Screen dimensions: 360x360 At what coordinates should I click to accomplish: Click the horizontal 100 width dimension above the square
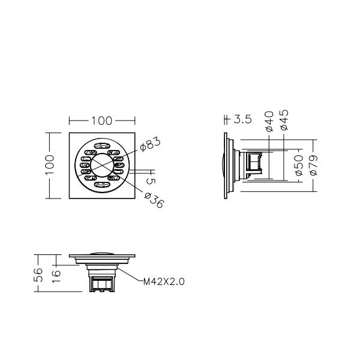(x=102, y=121)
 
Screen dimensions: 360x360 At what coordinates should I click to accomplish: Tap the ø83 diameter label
(x=151, y=144)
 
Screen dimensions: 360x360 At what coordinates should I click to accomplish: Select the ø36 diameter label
(x=154, y=200)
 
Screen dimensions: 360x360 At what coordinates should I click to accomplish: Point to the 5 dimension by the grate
(x=151, y=181)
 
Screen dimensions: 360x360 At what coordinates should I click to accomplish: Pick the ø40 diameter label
(x=269, y=121)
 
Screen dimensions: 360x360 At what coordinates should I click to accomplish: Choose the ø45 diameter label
(x=284, y=120)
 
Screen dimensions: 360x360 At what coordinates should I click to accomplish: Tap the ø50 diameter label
(x=299, y=165)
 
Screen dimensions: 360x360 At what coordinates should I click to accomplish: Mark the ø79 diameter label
(x=314, y=165)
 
